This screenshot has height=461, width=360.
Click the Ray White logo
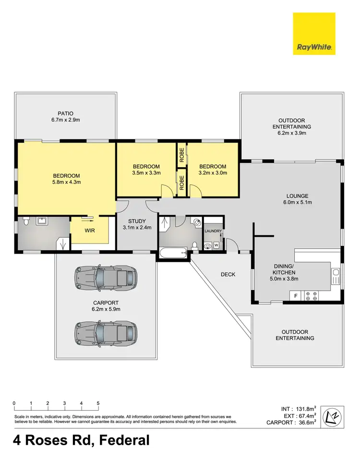click(314, 34)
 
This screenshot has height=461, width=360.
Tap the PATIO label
click(66, 114)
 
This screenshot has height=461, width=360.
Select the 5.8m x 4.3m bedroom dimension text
click(66, 182)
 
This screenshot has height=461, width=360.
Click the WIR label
click(89, 230)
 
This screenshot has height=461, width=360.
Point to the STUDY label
click(137, 221)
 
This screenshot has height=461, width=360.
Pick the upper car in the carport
click(105, 277)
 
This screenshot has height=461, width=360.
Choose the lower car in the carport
click(105, 331)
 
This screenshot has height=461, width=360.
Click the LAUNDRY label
click(213, 231)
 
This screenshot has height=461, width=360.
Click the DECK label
click(228, 275)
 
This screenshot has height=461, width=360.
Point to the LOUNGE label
click(297, 196)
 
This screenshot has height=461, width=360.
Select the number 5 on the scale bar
click(98, 403)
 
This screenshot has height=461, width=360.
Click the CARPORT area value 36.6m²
click(305, 423)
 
